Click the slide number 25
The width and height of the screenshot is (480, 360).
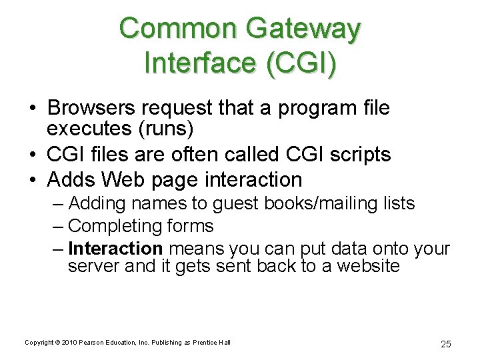tap(446, 344)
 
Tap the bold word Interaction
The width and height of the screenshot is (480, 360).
tap(115, 249)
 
